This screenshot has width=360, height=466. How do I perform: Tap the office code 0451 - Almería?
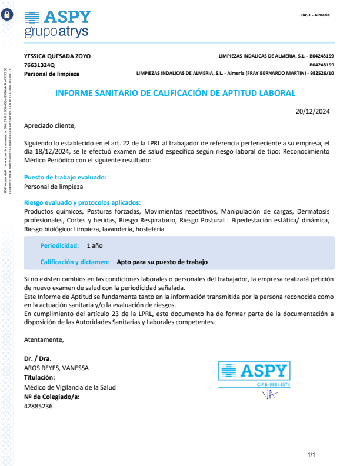click(x=315, y=15)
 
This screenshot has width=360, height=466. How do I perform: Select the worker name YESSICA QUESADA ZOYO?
click(x=57, y=56)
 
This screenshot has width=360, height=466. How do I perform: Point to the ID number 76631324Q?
click(x=39, y=65)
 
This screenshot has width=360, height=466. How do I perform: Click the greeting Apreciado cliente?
click(x=50, y=125)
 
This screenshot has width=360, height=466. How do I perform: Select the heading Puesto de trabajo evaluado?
click(x=65, y=177)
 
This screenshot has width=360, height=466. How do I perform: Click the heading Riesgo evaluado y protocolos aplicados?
click(x=82, y=202)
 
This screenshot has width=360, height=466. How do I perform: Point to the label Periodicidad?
click(x=59, y=245)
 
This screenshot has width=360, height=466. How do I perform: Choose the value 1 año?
click(x=95, y=245)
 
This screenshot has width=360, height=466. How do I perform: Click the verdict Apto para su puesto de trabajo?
click(x=162, y=262)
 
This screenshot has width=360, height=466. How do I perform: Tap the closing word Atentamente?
click(x=44, y=339)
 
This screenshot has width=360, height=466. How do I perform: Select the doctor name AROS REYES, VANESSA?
click(x=56, y=368)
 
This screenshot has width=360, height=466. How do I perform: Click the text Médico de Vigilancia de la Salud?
click(x=70, y=387)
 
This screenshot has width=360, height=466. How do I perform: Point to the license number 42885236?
click(x=38, y=406)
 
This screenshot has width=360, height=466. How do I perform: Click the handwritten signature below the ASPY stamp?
click(x=269, y=395)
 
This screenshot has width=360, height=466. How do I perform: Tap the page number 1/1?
click(x=312, y=455)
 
